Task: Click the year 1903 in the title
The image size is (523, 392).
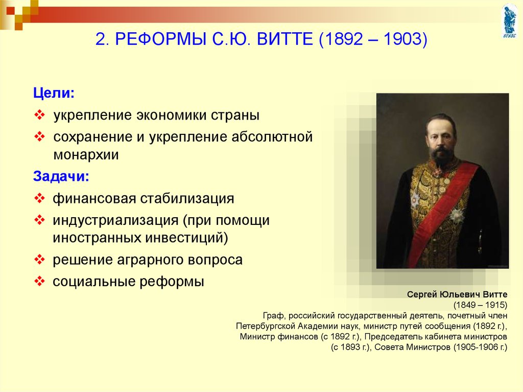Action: pyautogui.click(x=403, y=39)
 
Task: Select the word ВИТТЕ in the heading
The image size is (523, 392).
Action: pyautogui.click(x=285, y=39)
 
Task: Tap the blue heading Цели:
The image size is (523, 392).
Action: pyautogui.click(x=54, y=93)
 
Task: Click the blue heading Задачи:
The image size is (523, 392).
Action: pyautogui.click(x=61, y=176)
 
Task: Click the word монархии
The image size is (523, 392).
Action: pyautogui.click(x=86, y=154)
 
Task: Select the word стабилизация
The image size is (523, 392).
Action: pyautogui.click(x=187, y=198)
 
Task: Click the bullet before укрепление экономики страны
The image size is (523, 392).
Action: pyautogui.click(x=39, y=115)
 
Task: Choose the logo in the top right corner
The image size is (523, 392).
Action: pyautogui.click(x=509, y=21)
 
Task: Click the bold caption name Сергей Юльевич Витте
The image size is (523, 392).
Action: pyautogui.click(x=457, y=294)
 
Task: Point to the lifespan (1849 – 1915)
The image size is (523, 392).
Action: pyautogui.click(x=480, y=305)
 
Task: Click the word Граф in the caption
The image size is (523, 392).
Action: pyautogui.click(x=274, y=316)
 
